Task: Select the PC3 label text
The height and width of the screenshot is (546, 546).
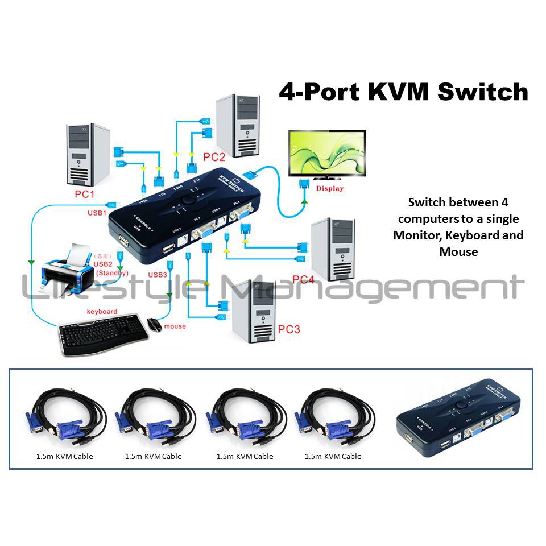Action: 289,329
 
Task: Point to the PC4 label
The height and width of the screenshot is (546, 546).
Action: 303,279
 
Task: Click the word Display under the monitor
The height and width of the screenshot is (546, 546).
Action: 329,188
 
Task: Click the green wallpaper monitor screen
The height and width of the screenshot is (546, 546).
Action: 326,154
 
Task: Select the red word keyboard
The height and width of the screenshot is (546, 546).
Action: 102,311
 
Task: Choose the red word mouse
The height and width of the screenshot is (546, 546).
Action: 175,326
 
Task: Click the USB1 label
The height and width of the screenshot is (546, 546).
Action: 96,213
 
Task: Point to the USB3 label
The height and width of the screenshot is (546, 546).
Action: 158,274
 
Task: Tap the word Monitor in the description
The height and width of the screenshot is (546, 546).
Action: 418,235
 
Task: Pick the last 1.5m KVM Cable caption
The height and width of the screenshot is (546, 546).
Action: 333,456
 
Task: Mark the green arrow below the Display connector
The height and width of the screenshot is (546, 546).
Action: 305,201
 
